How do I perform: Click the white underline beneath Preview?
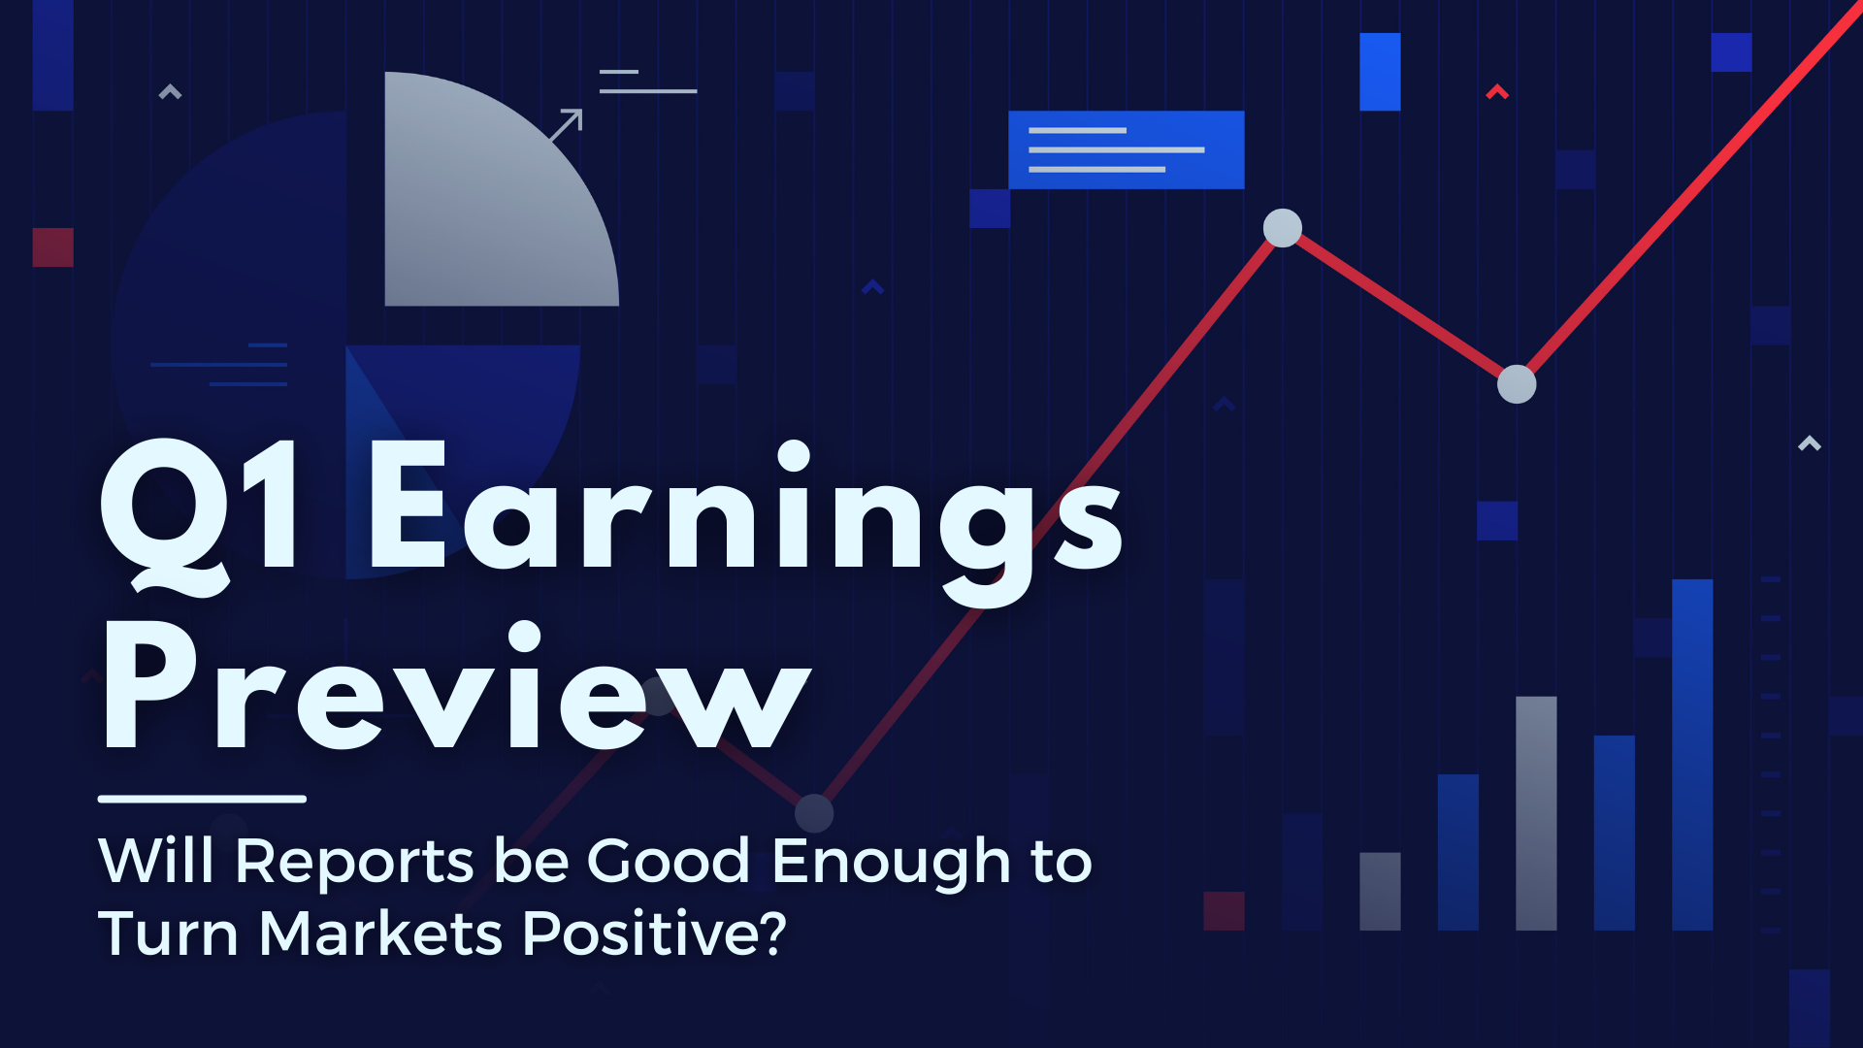202,800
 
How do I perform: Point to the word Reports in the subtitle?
355,862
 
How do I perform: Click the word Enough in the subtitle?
892,863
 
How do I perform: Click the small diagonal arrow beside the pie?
566,125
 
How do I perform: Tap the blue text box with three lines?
1127,149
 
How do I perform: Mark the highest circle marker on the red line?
1283,228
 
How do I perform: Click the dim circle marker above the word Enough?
814,813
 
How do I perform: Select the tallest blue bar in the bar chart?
1692,755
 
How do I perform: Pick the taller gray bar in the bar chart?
1536,813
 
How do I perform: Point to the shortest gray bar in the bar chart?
1380,892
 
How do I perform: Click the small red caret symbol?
1497,92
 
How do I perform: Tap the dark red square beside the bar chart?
1224,911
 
